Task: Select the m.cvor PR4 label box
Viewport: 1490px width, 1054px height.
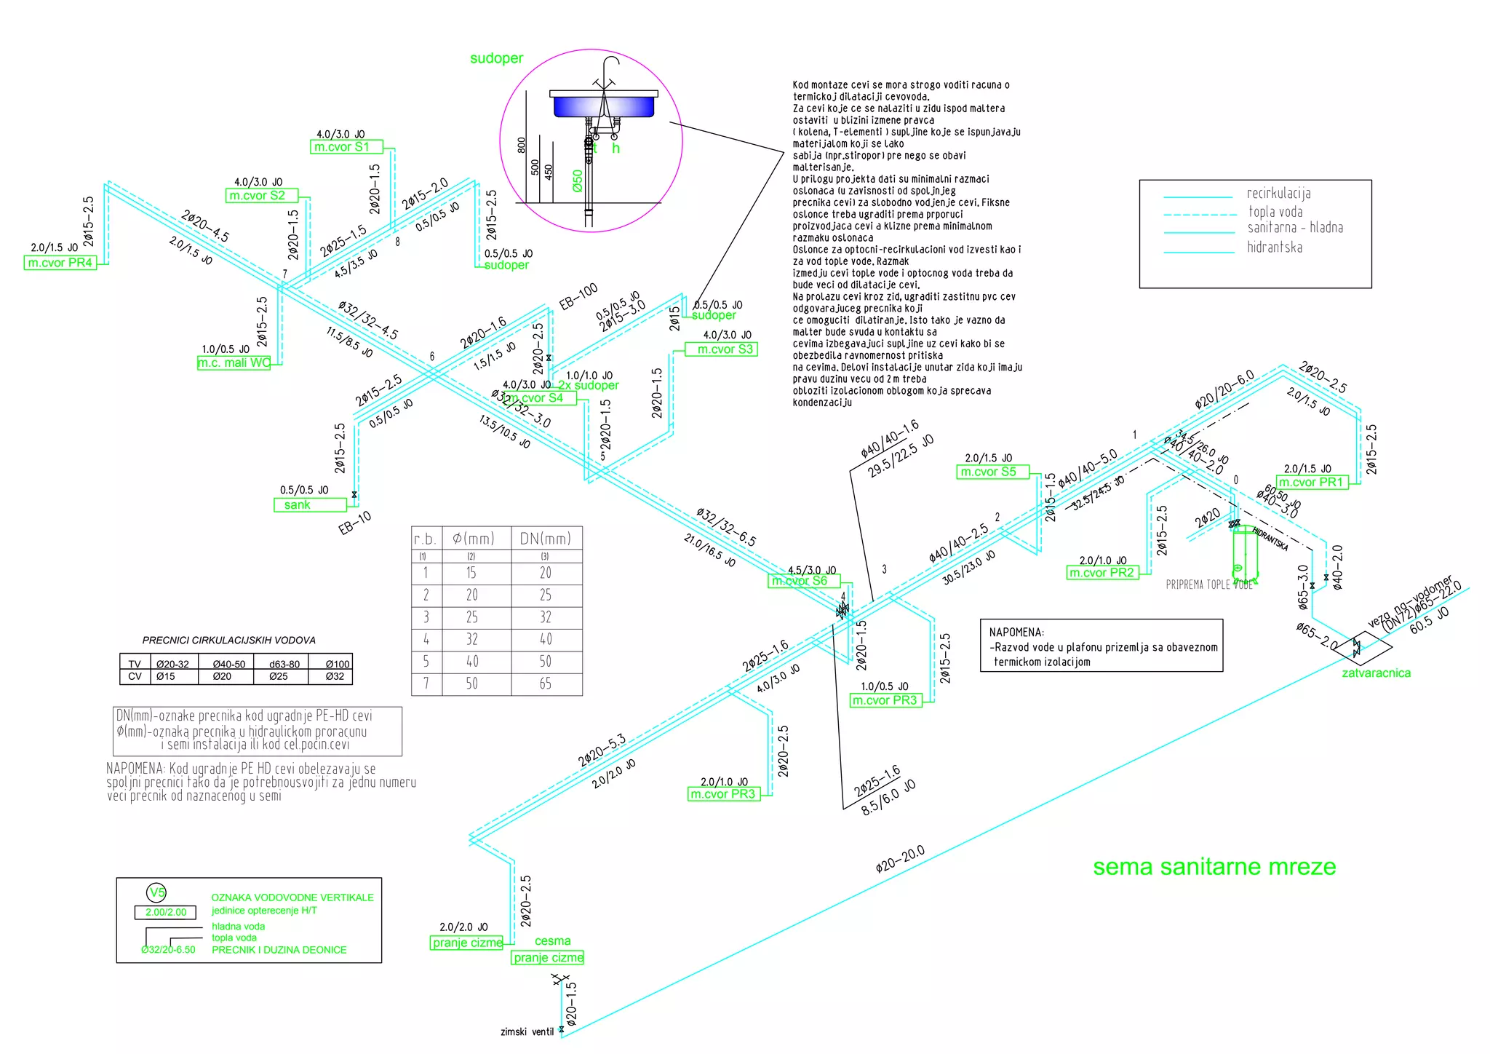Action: pos(60,263)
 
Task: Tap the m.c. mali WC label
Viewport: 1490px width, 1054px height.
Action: pos(234,362)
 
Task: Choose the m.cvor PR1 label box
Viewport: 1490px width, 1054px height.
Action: pos(1312,483)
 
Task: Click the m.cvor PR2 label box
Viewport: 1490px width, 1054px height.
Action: pos(1102,573)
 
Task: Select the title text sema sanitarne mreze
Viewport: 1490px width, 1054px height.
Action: pos(1214,867)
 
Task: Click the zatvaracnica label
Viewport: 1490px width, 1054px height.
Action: pos(1376,673)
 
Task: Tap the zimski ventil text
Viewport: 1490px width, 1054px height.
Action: pos(527,1031)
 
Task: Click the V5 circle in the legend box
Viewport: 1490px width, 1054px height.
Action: pos(157,892)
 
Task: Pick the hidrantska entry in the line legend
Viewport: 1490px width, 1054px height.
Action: pos(1275,247)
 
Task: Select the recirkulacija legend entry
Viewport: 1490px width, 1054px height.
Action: pos(1278,194)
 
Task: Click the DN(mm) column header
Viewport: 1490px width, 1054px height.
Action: pos(546,539)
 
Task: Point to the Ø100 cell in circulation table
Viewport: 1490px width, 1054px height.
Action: pos(338,664)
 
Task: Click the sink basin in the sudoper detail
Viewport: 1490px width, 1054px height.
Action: pos(604,106)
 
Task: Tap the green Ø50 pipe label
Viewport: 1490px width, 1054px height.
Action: pos(578,181)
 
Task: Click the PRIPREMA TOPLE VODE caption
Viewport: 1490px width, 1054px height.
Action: pos(1208,585)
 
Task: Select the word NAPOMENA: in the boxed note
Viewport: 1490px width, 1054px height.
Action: pos(1016,633)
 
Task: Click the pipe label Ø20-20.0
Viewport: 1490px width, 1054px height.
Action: pos(900,859)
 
